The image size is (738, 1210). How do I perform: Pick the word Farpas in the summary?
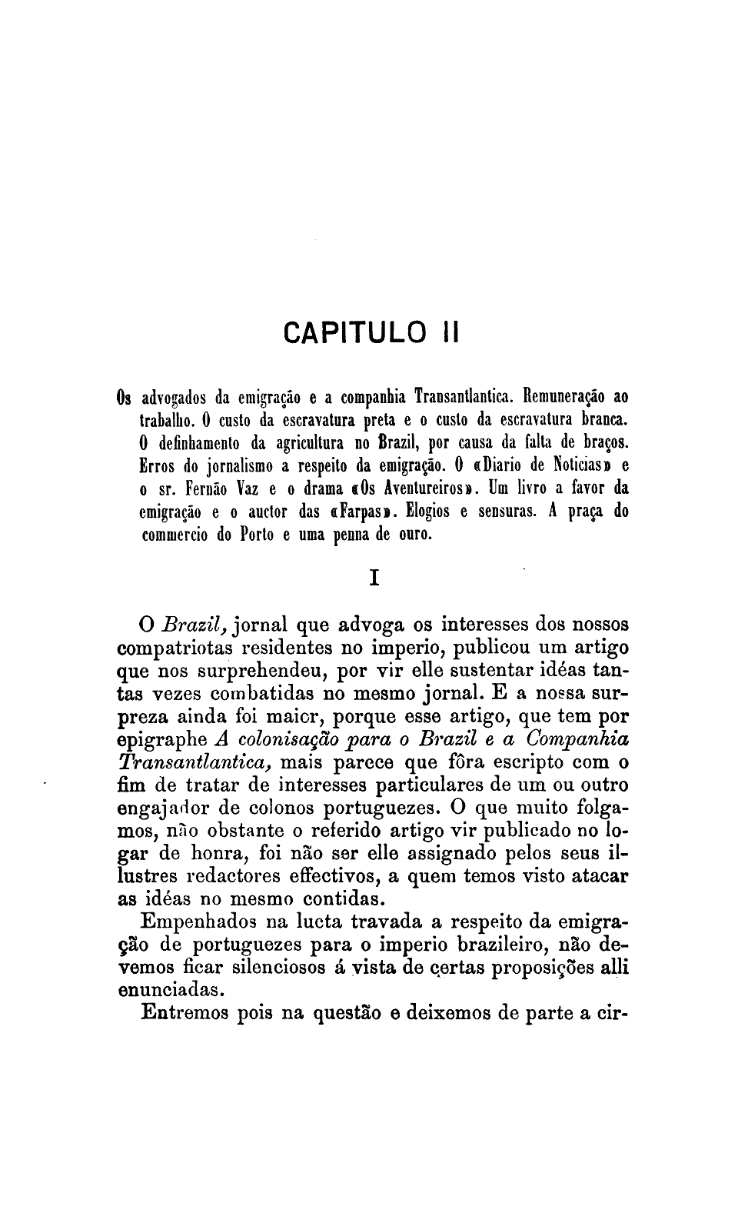360,511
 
